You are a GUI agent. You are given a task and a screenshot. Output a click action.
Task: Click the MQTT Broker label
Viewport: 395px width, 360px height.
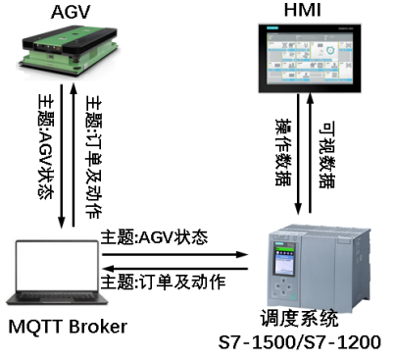(68, 327)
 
